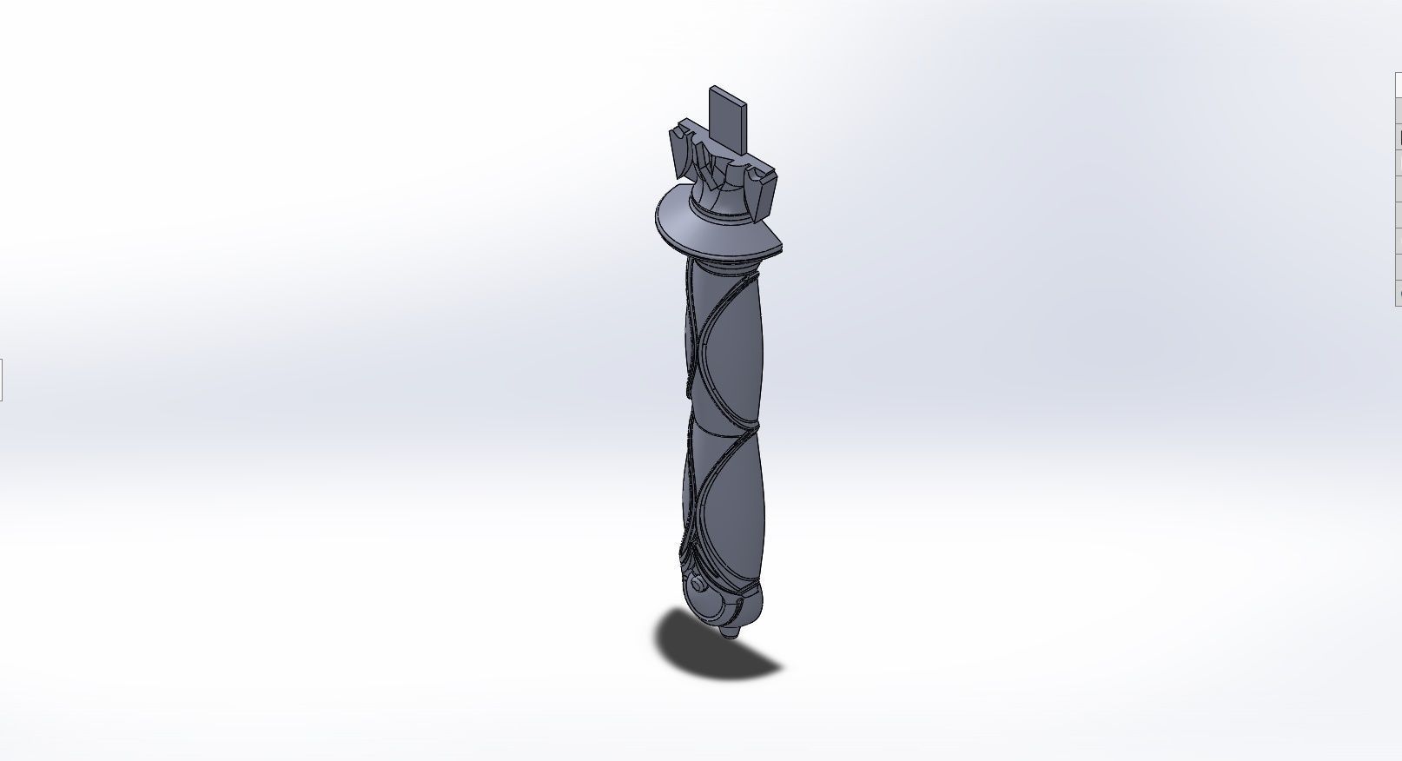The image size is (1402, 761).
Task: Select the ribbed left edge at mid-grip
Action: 686,417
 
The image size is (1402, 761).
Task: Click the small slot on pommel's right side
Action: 748,599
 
